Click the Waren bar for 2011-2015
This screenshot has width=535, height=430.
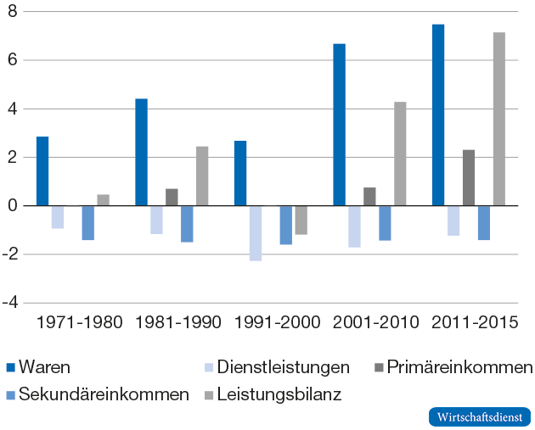[x=438, y=114]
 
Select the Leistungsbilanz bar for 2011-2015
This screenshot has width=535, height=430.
[x=499, y=119]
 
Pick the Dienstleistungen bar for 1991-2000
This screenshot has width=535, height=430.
[x=256, y=233]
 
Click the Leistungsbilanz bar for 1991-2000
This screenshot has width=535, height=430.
[x=301, y=220]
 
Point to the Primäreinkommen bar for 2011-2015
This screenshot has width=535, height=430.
[x=469, y=177]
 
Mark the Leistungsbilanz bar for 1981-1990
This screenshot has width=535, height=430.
[x=202, y=176]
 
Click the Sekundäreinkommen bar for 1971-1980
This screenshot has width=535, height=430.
[x=87, y=222]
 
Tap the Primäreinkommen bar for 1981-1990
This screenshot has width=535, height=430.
[x=172, y=197]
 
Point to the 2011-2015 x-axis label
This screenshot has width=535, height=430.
[x=475, y=323]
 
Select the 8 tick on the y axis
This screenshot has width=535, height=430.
[x=14, y=12]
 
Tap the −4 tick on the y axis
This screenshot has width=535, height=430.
[x=12, y=303]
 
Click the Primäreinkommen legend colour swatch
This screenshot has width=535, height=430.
[x=379, y=367]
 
